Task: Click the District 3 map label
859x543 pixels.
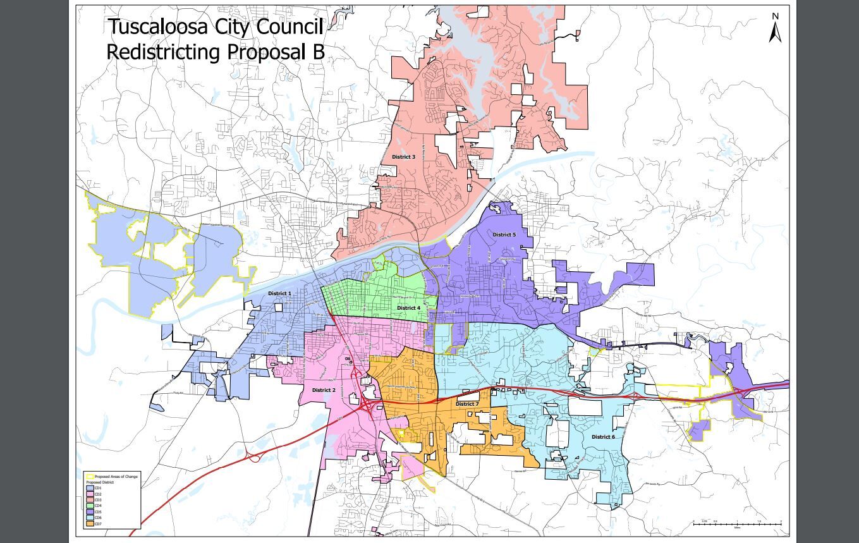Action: pos(403,157)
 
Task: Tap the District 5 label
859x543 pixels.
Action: pos(504,235)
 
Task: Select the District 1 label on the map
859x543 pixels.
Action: pos(279,293)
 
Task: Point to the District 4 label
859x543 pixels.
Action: pos(408,308)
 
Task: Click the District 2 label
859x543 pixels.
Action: pos(324,390)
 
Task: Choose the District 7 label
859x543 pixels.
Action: pos(467,404)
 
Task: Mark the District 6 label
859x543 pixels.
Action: pos(603,437)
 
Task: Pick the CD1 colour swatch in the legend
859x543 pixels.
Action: pos(90,488)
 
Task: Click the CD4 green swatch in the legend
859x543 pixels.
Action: pos(90,506)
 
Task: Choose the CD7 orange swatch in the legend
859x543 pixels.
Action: pos(90,524)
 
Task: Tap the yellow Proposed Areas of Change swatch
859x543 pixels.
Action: pos(90,477)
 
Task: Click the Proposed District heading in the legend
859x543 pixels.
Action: pos(100,482)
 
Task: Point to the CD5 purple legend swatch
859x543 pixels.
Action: pos(90,512)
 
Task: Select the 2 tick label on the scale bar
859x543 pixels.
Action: pos(781,521)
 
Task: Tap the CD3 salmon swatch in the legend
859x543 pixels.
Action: pos(90,500)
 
